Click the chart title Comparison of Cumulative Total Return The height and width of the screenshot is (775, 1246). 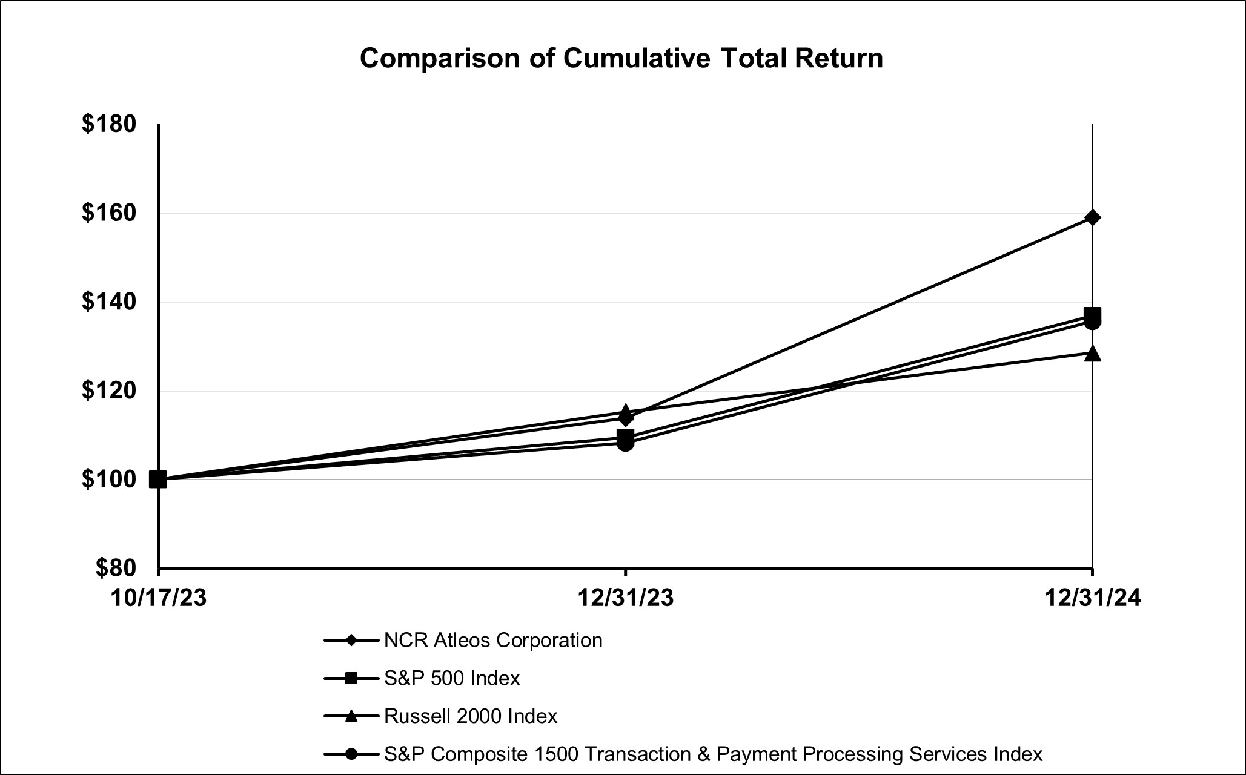coord(621,59)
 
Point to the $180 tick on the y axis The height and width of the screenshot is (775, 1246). coord(109,124)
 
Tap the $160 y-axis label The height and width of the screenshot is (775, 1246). coord(109,213)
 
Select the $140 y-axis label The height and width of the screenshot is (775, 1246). coord(109,302)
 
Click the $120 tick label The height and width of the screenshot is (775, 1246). coord(109,391)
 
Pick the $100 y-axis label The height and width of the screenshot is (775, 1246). coord(109,480)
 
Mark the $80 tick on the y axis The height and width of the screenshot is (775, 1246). coord(115,568)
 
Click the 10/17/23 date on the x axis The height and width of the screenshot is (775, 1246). coord(158,598)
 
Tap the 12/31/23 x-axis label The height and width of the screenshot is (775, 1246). coord(625,598)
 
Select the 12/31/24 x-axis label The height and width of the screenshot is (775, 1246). coord(1092,598)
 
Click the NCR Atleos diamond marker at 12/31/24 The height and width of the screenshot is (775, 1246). coord(1092,217)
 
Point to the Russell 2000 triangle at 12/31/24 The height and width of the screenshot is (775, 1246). coord(1092,354)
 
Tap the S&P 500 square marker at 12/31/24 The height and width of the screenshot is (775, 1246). coord(1092,315)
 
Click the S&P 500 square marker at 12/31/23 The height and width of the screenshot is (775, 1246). coord(625,437)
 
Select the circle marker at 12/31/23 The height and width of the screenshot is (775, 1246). coord(625,444)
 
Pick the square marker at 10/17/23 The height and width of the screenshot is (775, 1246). coord(158,480)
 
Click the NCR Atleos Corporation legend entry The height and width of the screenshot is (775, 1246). coord(493,640)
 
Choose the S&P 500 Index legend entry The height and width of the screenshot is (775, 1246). coord(452,678)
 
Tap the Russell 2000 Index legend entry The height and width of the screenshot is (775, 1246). coord(471,716)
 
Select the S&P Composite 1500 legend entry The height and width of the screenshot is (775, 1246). coord(713,754)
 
